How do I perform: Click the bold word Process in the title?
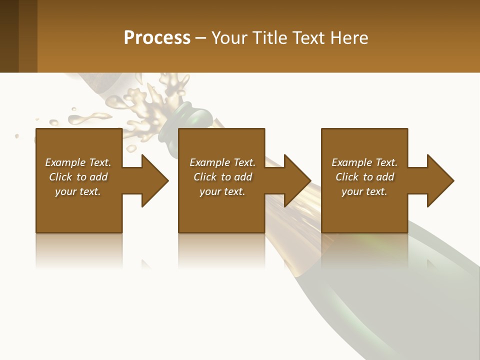pos(157,37)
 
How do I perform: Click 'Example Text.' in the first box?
pos(78,162)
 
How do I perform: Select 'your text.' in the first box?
pos(78,191)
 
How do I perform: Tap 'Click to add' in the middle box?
pos(222,177)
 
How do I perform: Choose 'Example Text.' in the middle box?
pos(222,162)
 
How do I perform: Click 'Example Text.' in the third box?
pos(364,162)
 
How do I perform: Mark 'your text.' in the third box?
pos(364,191)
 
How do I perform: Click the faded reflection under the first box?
pos(79,250)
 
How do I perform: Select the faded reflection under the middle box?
pos(221,250)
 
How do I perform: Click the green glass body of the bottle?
pos(400,300)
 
